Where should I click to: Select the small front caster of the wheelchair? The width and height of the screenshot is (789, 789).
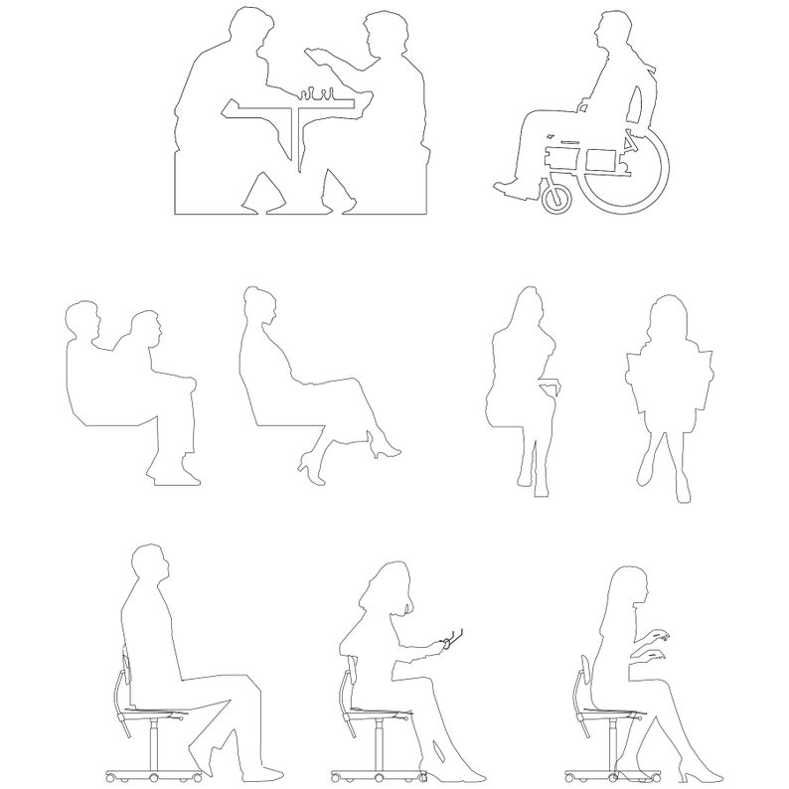(558, 198)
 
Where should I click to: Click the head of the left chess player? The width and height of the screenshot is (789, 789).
(246, 28)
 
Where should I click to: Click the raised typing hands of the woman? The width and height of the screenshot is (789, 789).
(655, 644)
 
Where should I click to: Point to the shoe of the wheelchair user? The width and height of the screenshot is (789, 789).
(511, 186)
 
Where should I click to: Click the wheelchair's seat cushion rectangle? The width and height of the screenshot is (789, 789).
(600, 158)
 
